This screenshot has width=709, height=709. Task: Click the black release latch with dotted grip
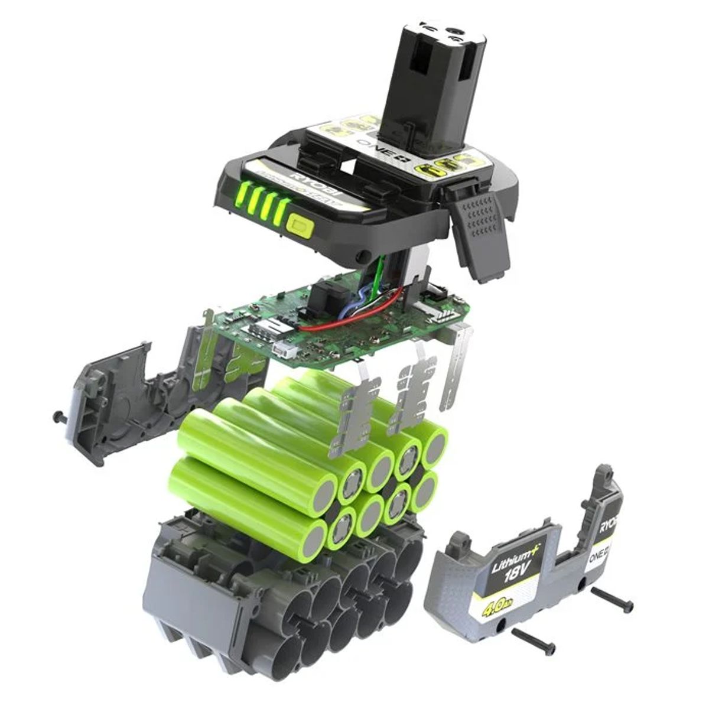pyautogui.click(x=481, y=225)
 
